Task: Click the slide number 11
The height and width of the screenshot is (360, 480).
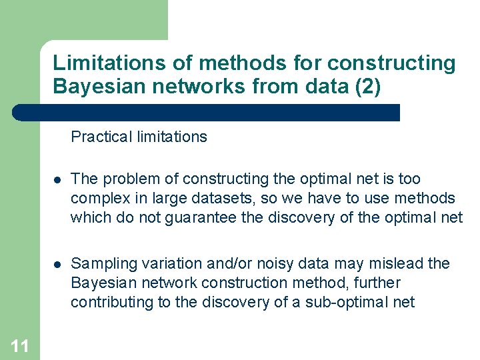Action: click(x=20, y=345)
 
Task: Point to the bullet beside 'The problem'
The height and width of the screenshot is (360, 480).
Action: click(x=57, y=180)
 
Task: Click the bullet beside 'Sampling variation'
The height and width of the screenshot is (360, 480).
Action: click(x=57, y=265)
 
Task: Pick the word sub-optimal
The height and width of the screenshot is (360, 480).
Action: click(x=343, y=302)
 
